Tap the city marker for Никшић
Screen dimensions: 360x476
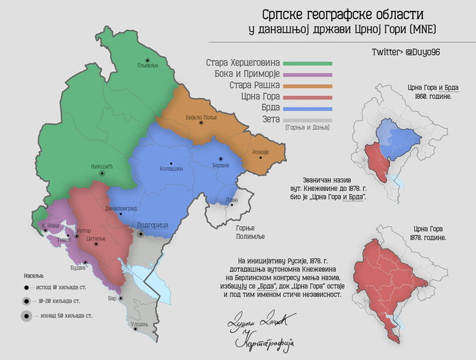(x=103, y=174)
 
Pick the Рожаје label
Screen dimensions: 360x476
(x=260, y=152)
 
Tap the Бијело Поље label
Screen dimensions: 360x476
(x=200, y=118)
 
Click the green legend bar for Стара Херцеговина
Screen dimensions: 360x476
(x=307, y=63)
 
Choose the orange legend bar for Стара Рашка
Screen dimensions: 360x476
(x=307, y=86)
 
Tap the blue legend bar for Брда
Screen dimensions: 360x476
(x=307, y=109)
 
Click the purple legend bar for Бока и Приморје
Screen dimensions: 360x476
(x=307, y=75)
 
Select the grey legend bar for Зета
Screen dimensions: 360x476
(x=307, y=120)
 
